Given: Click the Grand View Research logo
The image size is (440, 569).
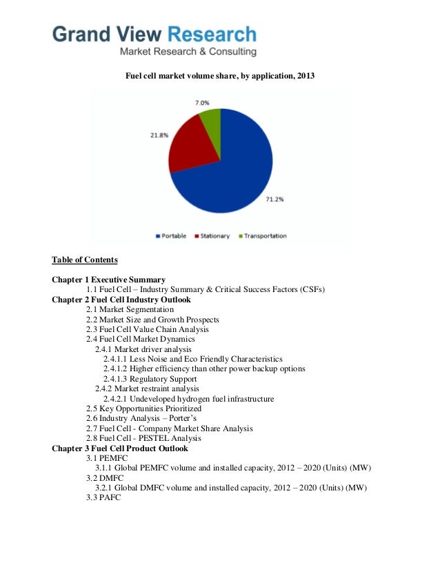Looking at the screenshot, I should (x=154, y=41).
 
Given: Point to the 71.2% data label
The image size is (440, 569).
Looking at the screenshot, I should (x=274, y=200).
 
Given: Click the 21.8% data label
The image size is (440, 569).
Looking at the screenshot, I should (x=159, y=136).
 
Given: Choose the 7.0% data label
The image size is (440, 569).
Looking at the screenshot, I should (x=202, y=102).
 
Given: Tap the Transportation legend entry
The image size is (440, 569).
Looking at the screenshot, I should (x=262, y=236).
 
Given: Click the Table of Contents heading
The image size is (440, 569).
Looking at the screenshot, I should (x=85, y=260).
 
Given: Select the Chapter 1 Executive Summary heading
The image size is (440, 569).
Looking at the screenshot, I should (x=108, y=280).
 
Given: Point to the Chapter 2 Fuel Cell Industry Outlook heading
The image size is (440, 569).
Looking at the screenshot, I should (x=121, y=300).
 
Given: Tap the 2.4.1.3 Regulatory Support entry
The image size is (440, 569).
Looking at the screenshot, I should (x=150, y=379).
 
